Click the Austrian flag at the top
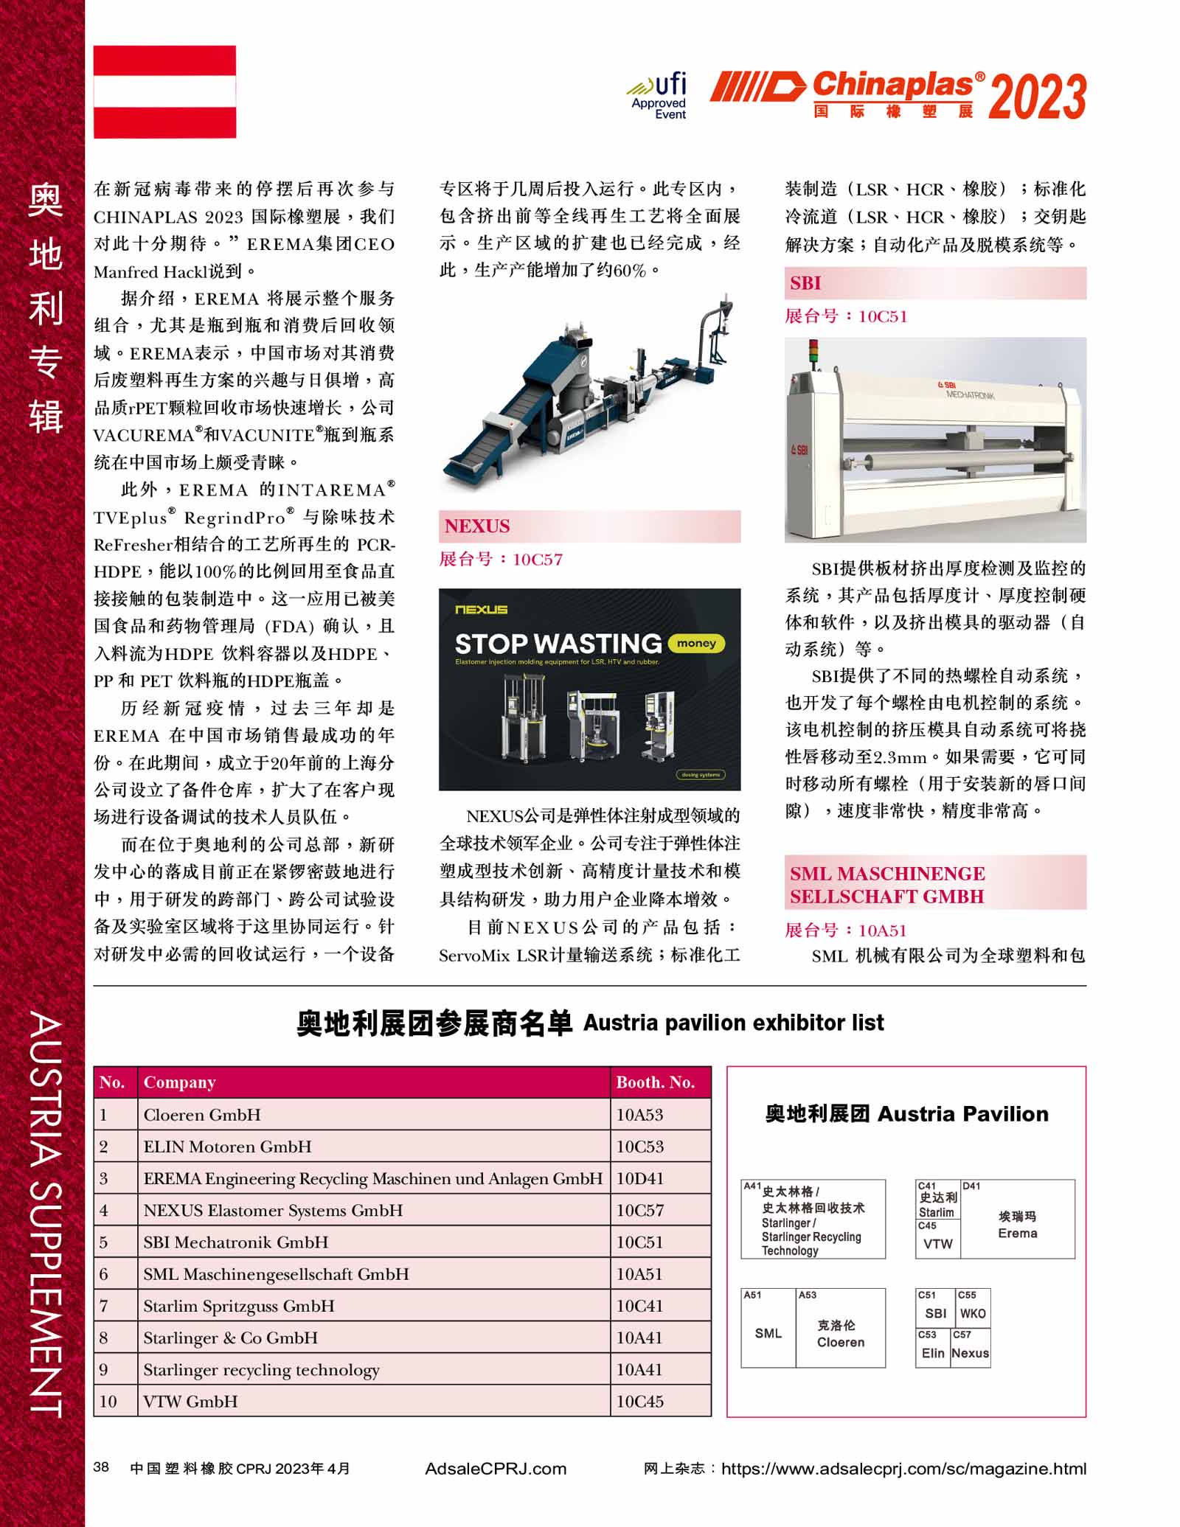point(164,91)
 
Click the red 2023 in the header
point(1037,97)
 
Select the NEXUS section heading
point(477,526)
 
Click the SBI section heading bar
point(934,283)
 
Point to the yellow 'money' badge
point(696,644)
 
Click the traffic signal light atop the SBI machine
point(813,352)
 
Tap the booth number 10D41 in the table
point(640,1178)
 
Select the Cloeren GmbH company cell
point(202,1115)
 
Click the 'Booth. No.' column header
point(656,1082)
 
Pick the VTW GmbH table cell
point(190,1402)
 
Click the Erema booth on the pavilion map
point(1018,1225)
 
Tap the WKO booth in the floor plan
point(973,1313)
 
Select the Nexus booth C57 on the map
point(970,1353)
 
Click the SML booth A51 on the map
point(768,1333)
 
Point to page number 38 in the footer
point(102,1467)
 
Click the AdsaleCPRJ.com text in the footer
point(496,1469)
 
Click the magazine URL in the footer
point(903,1469)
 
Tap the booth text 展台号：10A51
point(846,931)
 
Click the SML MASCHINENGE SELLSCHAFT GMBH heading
point(888,885)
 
